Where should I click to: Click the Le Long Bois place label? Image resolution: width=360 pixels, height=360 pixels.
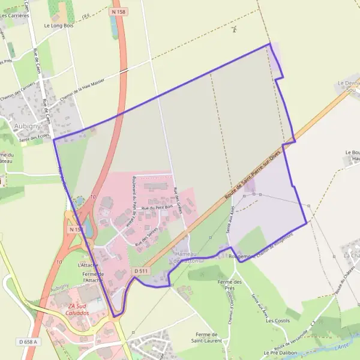(58, 26)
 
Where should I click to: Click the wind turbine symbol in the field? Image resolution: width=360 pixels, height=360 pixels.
(233, 29)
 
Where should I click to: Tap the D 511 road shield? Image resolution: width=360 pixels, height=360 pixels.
(141, 271)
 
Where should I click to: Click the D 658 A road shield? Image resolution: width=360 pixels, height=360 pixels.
(28, 341)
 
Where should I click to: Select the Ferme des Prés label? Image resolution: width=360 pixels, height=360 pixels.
(229, 284)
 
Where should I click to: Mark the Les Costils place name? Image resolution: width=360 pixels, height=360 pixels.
(278, 321)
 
